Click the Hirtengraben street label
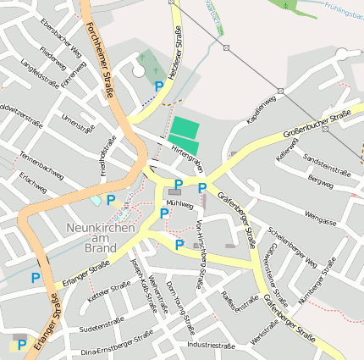188,152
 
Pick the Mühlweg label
179,205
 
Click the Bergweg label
321,180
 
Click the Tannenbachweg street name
41,165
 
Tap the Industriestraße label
211,346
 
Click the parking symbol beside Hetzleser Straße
159,86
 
